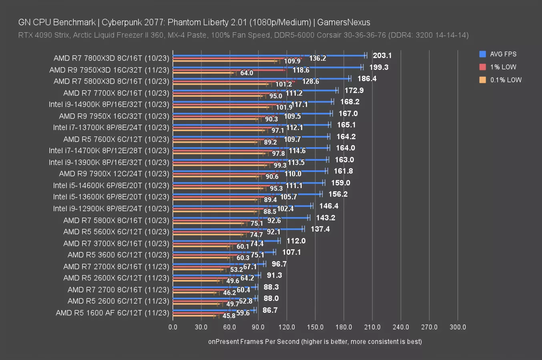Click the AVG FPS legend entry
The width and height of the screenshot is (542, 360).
[503, 54]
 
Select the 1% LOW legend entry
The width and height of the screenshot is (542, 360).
[503, 67]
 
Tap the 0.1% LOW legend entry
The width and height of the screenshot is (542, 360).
[506, 80]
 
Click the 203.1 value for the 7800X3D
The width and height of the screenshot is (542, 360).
[382, 56]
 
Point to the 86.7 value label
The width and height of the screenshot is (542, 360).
[270, 310]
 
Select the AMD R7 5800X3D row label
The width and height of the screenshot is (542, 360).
[111, 81]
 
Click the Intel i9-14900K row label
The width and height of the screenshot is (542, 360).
[109, 104]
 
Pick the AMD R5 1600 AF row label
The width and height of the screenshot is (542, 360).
[112, 313]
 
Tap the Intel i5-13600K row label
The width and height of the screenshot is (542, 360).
[111, 197]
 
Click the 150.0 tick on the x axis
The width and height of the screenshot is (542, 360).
[315, 327]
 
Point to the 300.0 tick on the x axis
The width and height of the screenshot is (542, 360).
[458, 327]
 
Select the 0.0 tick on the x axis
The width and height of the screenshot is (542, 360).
[173, 327]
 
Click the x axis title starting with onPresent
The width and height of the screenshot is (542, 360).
[315, 342]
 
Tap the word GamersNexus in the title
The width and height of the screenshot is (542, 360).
[343, 22]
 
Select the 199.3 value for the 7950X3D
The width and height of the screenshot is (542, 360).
[379, 67]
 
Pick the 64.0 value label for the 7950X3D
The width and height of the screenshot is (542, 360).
[247, 73]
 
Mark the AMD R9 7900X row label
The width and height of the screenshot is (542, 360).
[114, 174]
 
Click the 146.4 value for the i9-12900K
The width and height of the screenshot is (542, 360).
[329, 206]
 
